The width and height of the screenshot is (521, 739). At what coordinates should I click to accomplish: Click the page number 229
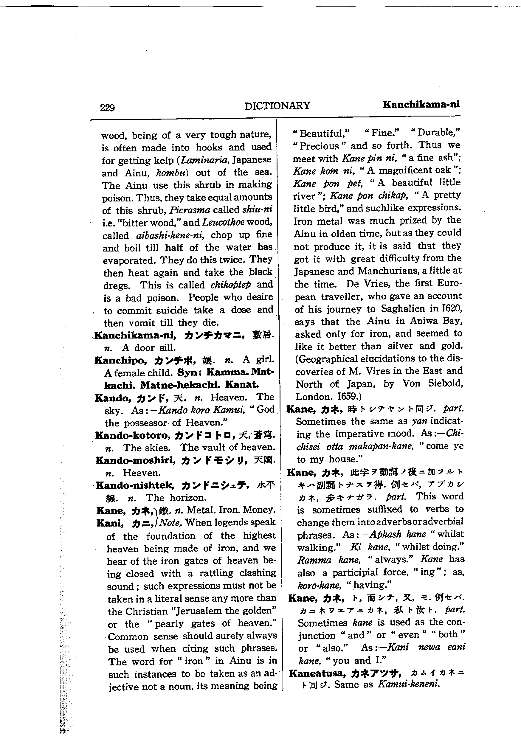(107, 107)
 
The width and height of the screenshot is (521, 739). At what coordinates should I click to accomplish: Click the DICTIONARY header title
(277, 105)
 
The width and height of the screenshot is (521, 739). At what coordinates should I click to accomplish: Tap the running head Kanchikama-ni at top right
(421, 104)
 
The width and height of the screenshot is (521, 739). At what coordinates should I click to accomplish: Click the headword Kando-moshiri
(135, 460)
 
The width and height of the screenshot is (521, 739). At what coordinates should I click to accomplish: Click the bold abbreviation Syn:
(189, 372)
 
